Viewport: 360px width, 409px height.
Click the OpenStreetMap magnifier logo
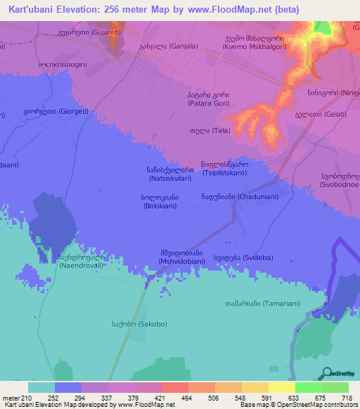point(324,373)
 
